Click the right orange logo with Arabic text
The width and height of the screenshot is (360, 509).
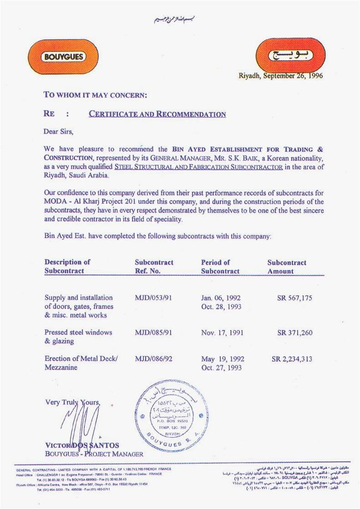[x=290, y=56]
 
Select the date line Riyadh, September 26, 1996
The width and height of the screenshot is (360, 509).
[x=280, y=76]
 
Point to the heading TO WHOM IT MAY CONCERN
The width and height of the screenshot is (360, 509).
[x=95, y=95]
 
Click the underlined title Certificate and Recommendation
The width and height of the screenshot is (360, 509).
[x=157, y=114]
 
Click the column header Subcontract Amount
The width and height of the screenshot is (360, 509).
[x=287, y=267]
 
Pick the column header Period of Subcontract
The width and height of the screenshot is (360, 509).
[x=220, y=267]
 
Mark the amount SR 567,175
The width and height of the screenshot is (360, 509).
[x=295, y=298]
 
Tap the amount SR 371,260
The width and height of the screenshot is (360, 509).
[x=295, y=332]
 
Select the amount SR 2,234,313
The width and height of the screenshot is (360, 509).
[x=292, y=359]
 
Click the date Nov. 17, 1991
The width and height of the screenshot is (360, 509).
[x=222, y=332]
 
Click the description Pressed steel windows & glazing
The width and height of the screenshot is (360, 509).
[x=78, y=336]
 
